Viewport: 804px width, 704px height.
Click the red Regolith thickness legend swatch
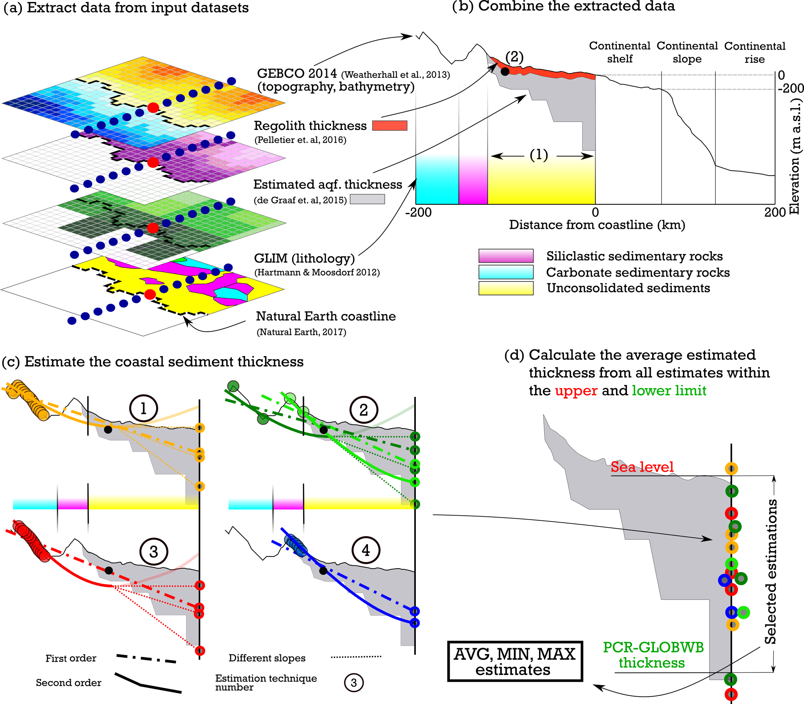click(389, 125)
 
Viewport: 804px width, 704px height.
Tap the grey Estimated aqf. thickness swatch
click(367, 199)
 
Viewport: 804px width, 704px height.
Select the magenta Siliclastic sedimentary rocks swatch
click(506, 256)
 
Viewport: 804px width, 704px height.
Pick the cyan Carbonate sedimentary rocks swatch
click(506, 272)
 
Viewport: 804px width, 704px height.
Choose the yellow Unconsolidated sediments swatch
click(506, 288)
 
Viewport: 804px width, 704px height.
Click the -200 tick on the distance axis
click(419, 212)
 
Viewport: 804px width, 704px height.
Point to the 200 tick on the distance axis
click(774, 212)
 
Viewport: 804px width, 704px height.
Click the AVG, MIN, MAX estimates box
click(515, 661)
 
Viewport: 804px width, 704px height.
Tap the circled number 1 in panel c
click(143, 409)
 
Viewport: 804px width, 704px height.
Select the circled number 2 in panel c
click(364, 410)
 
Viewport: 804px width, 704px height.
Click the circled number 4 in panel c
click(366, 550)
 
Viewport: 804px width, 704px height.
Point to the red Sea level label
click(642, 467)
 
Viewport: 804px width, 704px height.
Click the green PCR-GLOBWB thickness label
click(653, 655)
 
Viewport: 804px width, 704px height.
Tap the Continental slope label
click(687, 52)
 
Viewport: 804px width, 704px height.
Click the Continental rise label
click(755, 53)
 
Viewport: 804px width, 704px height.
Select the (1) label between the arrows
click(539, 155)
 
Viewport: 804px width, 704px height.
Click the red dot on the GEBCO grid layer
click(153, 107)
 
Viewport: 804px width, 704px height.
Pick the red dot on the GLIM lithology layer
click(150, 294)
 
